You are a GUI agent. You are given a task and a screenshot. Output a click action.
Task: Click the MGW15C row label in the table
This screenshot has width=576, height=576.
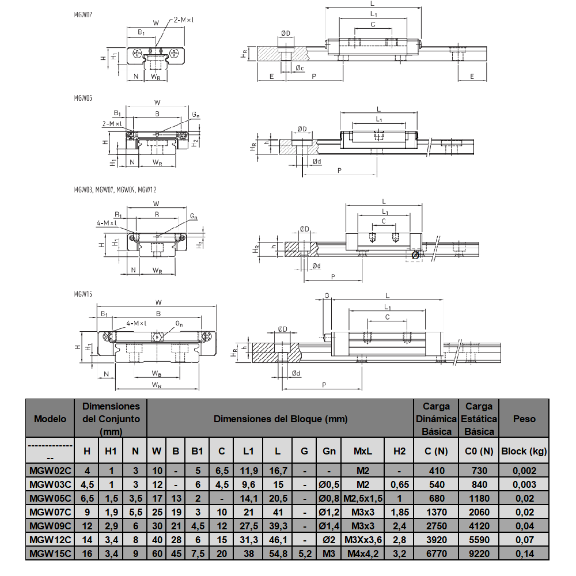[x=50, y=554]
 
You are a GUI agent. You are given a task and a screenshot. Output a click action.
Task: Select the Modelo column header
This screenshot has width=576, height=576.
[x=50, y=419]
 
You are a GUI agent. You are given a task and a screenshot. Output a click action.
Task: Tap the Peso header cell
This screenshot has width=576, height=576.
[x=524, y=419]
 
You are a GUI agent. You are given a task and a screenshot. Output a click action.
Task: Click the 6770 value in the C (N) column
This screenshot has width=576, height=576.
[x=437, y=554]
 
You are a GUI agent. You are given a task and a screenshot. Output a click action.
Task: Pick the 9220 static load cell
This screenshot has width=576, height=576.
[x=479, y=554]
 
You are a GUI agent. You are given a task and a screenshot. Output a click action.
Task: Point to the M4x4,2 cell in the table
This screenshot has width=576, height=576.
[x=363, y=554]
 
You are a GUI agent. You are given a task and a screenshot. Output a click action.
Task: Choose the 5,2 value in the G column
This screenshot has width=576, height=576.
[x=304, y=554]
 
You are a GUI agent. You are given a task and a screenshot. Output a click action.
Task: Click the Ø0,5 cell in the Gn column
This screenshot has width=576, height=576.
[x=329, y=484]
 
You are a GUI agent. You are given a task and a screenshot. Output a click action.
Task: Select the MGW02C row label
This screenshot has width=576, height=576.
[x=50, y=471]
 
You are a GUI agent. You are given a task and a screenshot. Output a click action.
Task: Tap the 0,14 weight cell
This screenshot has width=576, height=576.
[x=524, y=554]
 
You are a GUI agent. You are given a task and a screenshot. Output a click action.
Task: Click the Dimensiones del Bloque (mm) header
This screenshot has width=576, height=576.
[x=281, y=419]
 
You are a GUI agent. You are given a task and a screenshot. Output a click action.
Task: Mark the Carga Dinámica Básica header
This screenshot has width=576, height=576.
[x=437, y=419]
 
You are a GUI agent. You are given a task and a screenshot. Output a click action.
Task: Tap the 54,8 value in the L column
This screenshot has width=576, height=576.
[x=278, y=554]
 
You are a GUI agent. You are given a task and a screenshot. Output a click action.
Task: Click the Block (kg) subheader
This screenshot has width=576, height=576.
[x=524, y=451]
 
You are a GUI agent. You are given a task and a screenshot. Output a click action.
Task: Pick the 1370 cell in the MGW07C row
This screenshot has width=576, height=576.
[x=437, y=512]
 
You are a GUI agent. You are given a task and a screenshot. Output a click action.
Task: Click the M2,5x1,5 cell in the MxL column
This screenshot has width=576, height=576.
[x=363, y=498]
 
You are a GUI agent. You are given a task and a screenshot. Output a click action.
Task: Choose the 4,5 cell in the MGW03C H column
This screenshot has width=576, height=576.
[x=87, y=484]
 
